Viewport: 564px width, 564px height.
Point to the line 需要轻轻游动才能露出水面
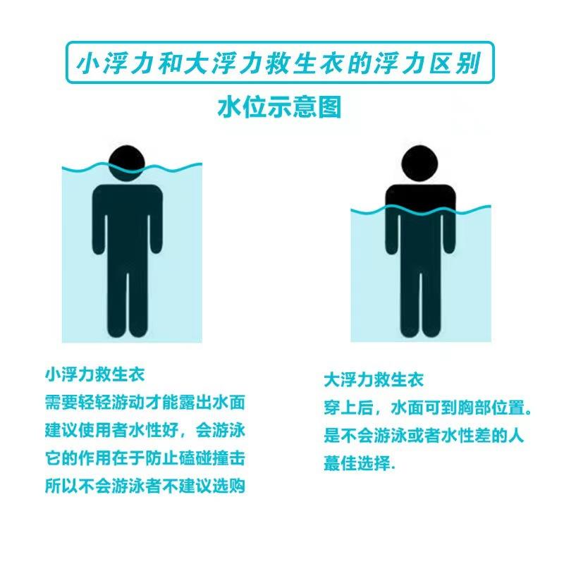coord(145,401)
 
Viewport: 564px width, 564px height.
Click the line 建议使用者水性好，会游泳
coord(145,429)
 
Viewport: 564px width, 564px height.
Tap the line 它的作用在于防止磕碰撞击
coord(145,458)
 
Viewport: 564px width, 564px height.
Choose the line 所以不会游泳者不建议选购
coord(145,486)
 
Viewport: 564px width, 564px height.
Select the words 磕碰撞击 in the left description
coord(214,458)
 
